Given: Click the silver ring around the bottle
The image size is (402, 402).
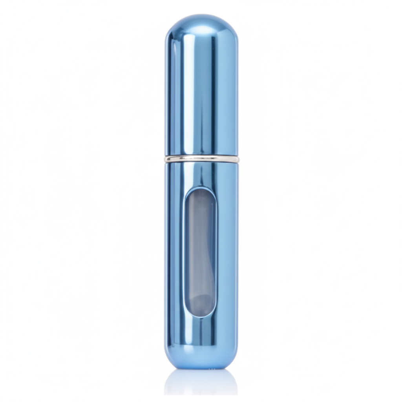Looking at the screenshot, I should click(x=201, y=159).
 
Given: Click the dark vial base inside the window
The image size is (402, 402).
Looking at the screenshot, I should click(x=200, y=304).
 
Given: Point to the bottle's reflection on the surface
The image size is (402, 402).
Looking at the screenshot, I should click(x=201, y=383).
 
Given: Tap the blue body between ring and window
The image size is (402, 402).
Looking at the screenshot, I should click(x=201, y=175).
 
